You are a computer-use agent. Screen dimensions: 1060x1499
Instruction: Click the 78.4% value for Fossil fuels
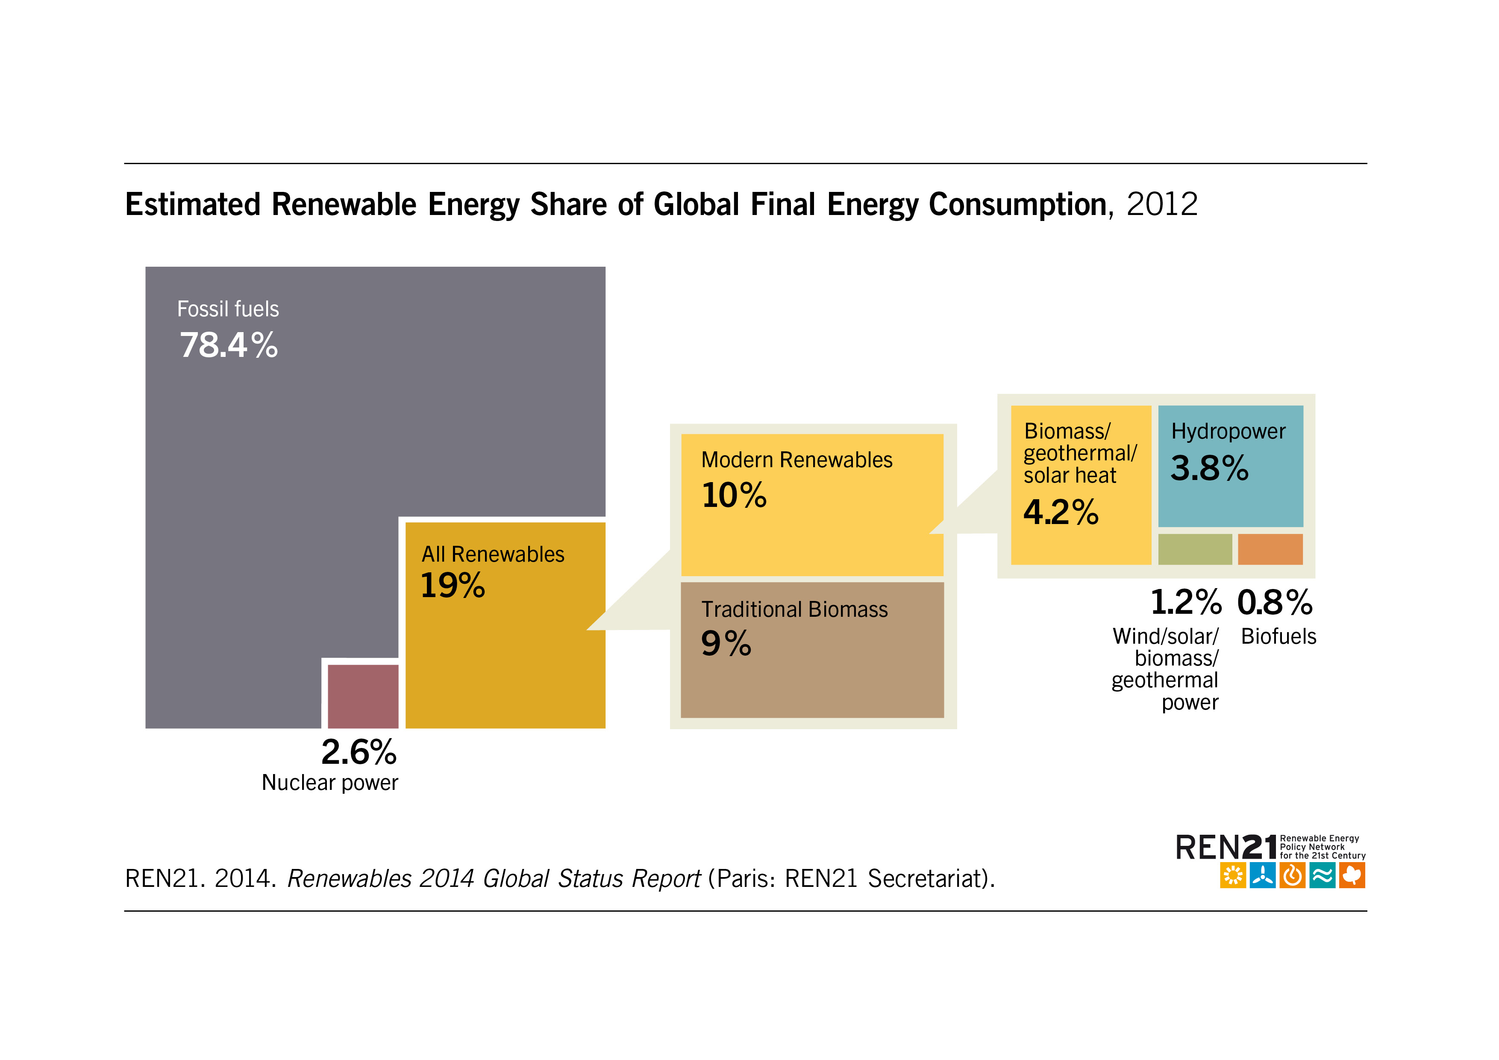click(x=229, y=345)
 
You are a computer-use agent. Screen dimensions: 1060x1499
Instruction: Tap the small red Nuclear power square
click(x=362, y=695)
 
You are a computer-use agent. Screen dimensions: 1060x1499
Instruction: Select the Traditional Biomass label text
click(x=794, y=609)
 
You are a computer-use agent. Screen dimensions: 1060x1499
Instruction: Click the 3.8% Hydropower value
click(x=1209, y=468)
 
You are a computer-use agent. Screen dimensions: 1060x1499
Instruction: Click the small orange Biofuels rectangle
click(x=1270, y=549)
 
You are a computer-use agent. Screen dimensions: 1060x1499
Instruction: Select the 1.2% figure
click(x=1186, y=602)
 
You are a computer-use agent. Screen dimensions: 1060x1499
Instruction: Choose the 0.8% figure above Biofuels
click(x=1274, y=602)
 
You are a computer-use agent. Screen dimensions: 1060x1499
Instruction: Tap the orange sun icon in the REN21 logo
click(x=1233, y=875)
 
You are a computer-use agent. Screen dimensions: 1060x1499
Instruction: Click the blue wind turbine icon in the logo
click(x=1262, y=875)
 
